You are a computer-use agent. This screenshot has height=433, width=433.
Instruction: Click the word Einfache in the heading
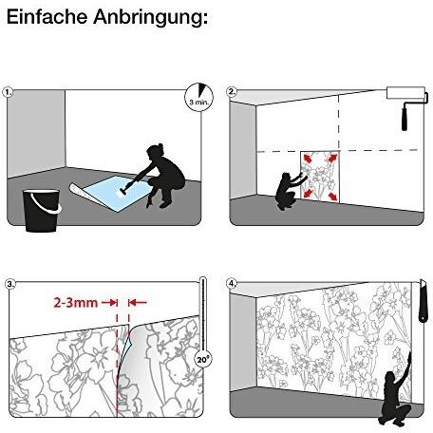point(47,16)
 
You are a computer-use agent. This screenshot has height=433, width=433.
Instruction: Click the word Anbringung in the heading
point(151,18)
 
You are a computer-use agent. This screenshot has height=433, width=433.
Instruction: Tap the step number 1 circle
point(8,92)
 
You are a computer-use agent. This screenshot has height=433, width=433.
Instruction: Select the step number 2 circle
point(232,92)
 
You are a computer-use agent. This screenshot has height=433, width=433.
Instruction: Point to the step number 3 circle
point(10,284)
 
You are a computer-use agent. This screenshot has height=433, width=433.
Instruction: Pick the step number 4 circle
point(232,284)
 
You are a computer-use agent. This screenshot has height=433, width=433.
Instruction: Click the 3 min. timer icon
point(199,97)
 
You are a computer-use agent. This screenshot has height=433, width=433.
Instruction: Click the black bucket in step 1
point(42,211)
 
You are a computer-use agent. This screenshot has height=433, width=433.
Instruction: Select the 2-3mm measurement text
point(76,303)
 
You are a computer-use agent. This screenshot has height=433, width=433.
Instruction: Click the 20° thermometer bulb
point(203,360)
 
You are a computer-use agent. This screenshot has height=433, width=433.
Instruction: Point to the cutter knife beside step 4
point(423,301)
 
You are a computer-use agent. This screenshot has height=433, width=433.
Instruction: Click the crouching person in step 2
point(289,191)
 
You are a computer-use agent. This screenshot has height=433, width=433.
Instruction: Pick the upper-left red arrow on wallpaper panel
point(307,158)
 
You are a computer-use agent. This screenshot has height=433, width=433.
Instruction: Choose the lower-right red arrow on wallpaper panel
point(332,197)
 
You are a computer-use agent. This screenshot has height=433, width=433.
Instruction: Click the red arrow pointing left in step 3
point(138,303)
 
